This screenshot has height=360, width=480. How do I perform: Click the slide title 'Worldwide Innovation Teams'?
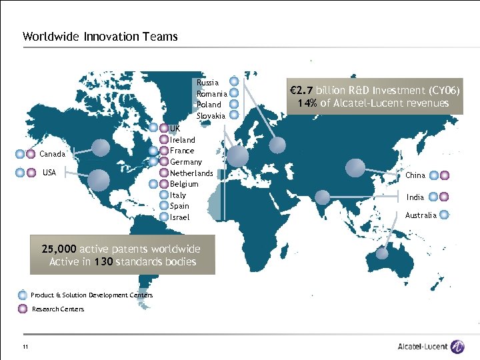pos(100,37)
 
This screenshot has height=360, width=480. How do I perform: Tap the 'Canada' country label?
pos(53,154)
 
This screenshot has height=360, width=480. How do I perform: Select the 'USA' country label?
pos(49,173)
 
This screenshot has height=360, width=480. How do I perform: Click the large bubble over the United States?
pos(98,177)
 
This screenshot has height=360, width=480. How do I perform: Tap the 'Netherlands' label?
pos(191,173)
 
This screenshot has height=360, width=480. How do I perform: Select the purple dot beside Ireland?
pos(164,139)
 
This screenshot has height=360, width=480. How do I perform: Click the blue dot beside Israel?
pos(164,217)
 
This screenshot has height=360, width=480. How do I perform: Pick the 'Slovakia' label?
pos(211,116)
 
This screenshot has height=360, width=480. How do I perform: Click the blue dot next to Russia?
pos(233,83)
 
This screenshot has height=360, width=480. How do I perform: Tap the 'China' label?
pos(415,175)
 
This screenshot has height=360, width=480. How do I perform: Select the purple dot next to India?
pos(445,197)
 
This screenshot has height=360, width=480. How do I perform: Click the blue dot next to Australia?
pos(445,215)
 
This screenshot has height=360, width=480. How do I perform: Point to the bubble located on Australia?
pos(381,253)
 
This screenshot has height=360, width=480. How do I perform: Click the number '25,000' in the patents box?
pos(59,249)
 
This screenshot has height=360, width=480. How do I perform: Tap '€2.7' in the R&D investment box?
pos(301,90)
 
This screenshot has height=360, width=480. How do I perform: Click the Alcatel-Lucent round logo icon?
pos(457,346)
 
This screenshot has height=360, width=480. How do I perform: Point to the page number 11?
pos(25,346)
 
